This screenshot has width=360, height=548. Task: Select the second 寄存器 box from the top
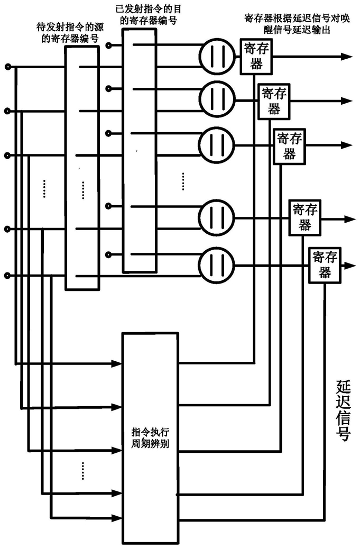(x=274, y=102)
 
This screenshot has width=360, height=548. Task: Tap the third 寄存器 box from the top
(x=289, y=146)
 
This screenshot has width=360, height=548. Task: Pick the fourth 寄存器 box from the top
(x=305, y=218)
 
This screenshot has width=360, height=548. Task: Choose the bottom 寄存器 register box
(x=325, y=265)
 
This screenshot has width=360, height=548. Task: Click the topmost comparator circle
(x=217, y=56)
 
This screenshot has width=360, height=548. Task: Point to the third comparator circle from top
(x=217, y=144)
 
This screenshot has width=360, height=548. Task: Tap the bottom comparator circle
(x=217, y=266)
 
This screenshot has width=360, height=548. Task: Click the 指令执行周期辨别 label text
(x=150, y=438)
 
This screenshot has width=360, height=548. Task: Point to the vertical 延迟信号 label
(x=343, y=410)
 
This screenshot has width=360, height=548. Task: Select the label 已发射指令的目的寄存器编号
(x=149, y=15)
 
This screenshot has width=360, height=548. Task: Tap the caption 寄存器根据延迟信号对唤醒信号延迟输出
(x=297, y=24)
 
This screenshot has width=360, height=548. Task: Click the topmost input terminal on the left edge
(x=6, y=67)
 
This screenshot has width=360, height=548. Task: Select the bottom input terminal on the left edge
(x=6, y=276)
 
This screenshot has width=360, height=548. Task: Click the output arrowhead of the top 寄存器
(x=347, y=56)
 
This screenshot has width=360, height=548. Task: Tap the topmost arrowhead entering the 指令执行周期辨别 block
(x=116, y=363)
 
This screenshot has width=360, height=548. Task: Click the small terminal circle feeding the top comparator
(x=109, y=45)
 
